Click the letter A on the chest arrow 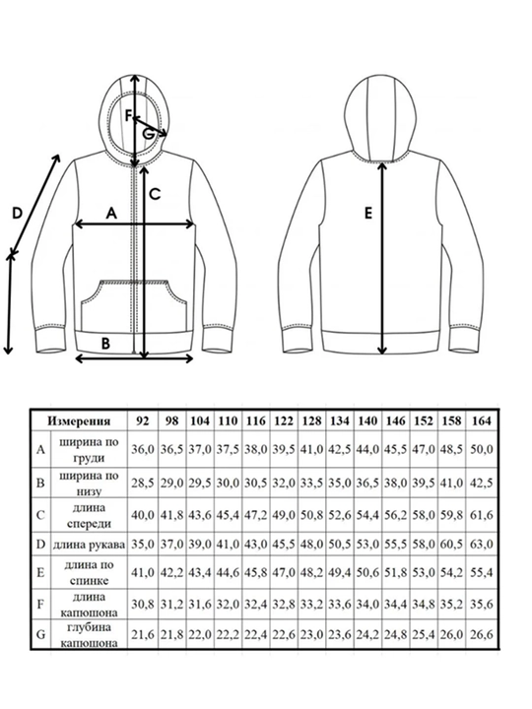pos(111,213)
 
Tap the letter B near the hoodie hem pos(105,344)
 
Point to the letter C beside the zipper pos(155,194)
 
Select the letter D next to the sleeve pos(17,213)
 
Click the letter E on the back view pos(368,213)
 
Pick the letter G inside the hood pos(148,134)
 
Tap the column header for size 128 pos(311,421)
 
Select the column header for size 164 pos(481,421)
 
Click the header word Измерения pos(79,421)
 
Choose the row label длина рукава pos(89,545)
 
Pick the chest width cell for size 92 pos(143,450)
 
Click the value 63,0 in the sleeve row pos(482,545)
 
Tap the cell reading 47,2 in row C pos(256,515)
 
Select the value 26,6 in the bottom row pos(482,635)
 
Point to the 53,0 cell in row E pos(424,573)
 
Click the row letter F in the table pos(40,605)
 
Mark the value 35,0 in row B pos(339,483)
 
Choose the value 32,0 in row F pos(228,605)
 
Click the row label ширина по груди pos(89,450)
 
